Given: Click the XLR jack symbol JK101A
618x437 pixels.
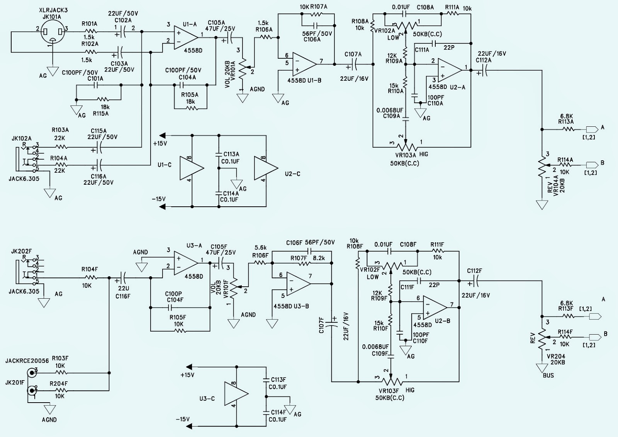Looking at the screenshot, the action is point(53,31).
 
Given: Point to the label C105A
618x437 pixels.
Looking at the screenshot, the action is point(216,22).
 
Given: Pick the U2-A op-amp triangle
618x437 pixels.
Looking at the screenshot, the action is point(450,70).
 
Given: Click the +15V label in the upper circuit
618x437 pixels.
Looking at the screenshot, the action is point(160,144).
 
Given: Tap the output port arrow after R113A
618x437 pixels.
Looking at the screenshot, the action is point(591,129).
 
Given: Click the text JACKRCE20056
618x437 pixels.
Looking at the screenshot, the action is point(27,360).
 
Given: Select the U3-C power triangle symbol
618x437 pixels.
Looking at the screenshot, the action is point(236,394).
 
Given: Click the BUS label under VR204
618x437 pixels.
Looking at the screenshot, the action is point(548,376).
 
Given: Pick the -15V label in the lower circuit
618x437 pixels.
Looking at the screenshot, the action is point(183,419).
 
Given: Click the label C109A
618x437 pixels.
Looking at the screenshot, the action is point(392,116).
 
